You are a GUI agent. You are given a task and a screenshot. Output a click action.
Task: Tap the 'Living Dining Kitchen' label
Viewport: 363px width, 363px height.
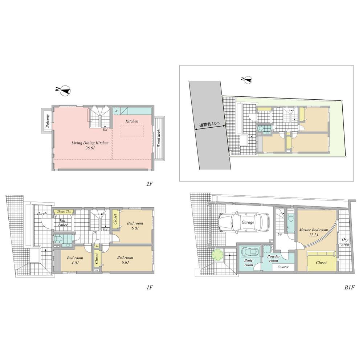coord(90,145)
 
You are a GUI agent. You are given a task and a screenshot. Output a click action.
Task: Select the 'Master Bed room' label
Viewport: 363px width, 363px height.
coord(313,232)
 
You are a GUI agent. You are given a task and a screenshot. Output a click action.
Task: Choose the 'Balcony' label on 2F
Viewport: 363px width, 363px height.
coord(48,120)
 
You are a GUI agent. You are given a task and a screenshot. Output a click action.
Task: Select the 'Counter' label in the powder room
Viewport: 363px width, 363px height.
coord(283,267)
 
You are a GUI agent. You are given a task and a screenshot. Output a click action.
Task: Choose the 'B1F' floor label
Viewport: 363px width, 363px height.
coord(349,287)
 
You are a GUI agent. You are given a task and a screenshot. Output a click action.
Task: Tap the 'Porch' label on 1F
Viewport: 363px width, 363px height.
coord(42,214)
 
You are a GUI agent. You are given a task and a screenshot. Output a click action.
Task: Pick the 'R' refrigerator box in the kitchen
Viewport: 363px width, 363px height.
coord(116,110)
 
